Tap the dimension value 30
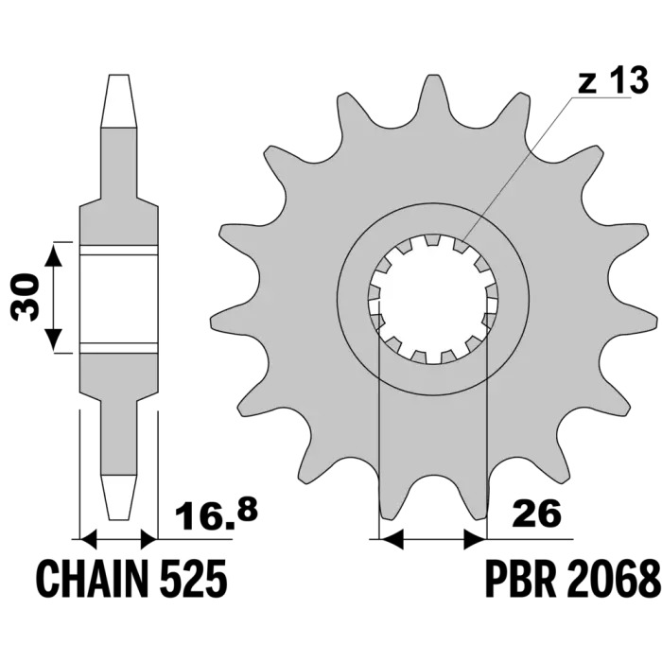pyautogui.click(x=25, y=297)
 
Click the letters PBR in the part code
pyautogui.click(x=520, y=579)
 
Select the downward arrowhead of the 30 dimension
pyautogui.click(x=53, y=340)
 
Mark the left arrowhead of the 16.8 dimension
pyautogui.click(x=89, y=539)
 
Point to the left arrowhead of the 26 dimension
pyautogui.click(x=392, y=539)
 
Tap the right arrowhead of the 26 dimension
pyautogui.click(x=476, y=539)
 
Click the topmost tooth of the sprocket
pyautogui.click(x=431, y=97)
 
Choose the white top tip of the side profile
pyautogui.click(x=118, y=101)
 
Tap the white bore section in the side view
pyautogui.click(x=118, y=300)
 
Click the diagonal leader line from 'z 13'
pyautogui.click(x=518, y=169)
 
